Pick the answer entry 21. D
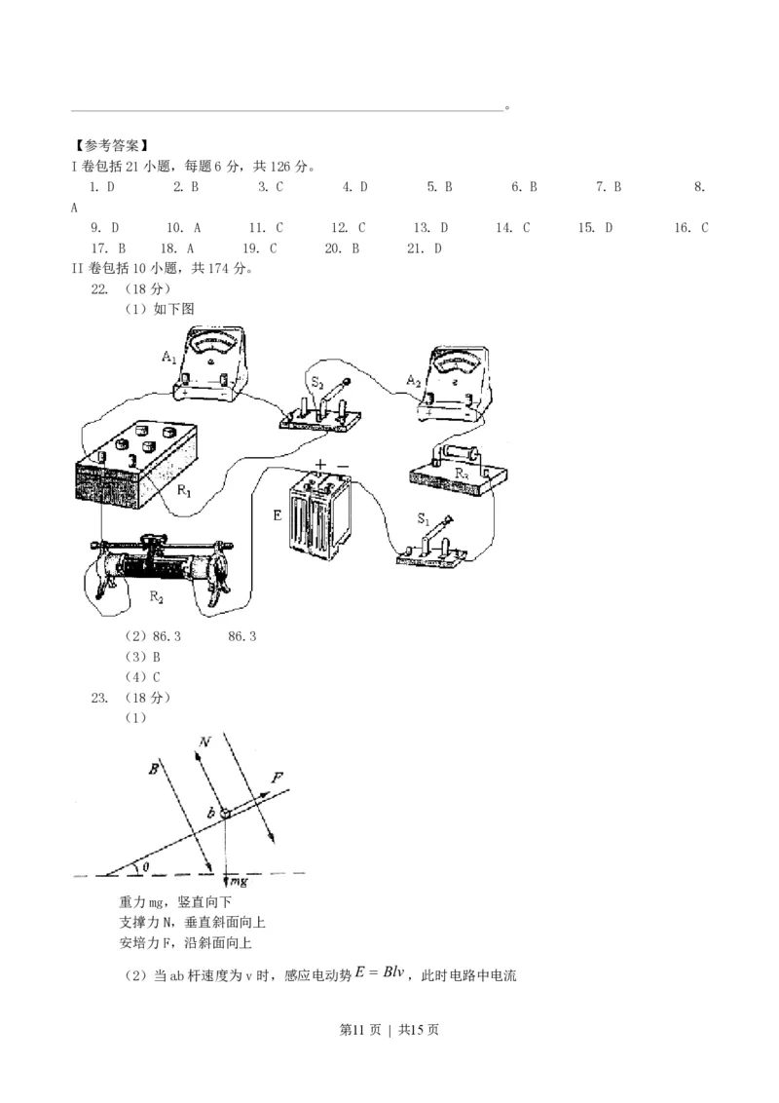coord(425,248)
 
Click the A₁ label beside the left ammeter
coord(168,358)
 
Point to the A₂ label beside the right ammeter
coord(413,379)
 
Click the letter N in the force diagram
coord(204,742)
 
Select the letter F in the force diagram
coord(278,779)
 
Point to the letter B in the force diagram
coord(154,770)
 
